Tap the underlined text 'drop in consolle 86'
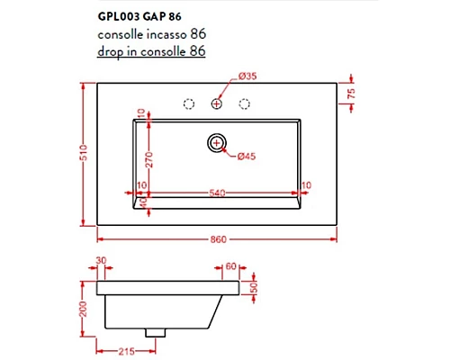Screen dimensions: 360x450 (152, 50)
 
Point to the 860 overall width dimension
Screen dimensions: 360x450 (217, 238)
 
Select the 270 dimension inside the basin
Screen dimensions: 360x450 (142, 160)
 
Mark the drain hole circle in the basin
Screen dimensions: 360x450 (217, 141)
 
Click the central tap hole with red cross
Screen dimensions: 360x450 (217, 104)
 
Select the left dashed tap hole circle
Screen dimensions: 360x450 (189, 104)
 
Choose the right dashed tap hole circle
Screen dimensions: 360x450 (244, 104)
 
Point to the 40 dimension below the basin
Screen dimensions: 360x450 (141, 205)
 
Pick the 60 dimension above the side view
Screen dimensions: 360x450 (231, 265)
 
